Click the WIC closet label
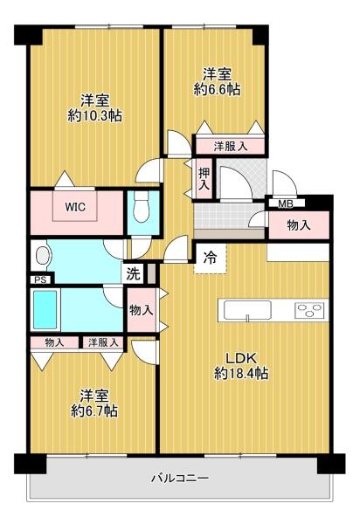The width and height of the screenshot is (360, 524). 75,207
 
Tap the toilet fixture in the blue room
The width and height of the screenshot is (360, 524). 141,210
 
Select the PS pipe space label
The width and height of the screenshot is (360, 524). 40,279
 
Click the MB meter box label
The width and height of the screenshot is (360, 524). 286,203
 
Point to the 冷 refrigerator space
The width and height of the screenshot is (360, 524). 211,259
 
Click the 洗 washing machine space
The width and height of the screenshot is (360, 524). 134,274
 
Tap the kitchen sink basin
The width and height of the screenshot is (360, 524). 247,310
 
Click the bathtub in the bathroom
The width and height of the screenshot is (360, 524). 45,310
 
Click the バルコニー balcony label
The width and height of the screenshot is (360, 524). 181,478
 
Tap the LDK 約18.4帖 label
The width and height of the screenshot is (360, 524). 241,366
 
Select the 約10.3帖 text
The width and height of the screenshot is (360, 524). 95,116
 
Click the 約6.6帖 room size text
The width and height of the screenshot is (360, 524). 218,89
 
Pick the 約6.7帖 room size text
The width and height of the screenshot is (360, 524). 94,410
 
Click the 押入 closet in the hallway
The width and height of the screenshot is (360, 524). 204,179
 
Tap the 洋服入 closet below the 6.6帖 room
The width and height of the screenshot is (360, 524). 231,146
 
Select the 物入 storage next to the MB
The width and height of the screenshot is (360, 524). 299,225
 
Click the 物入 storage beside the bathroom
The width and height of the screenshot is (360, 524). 142,310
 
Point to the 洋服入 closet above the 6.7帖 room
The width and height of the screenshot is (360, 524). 103,342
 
